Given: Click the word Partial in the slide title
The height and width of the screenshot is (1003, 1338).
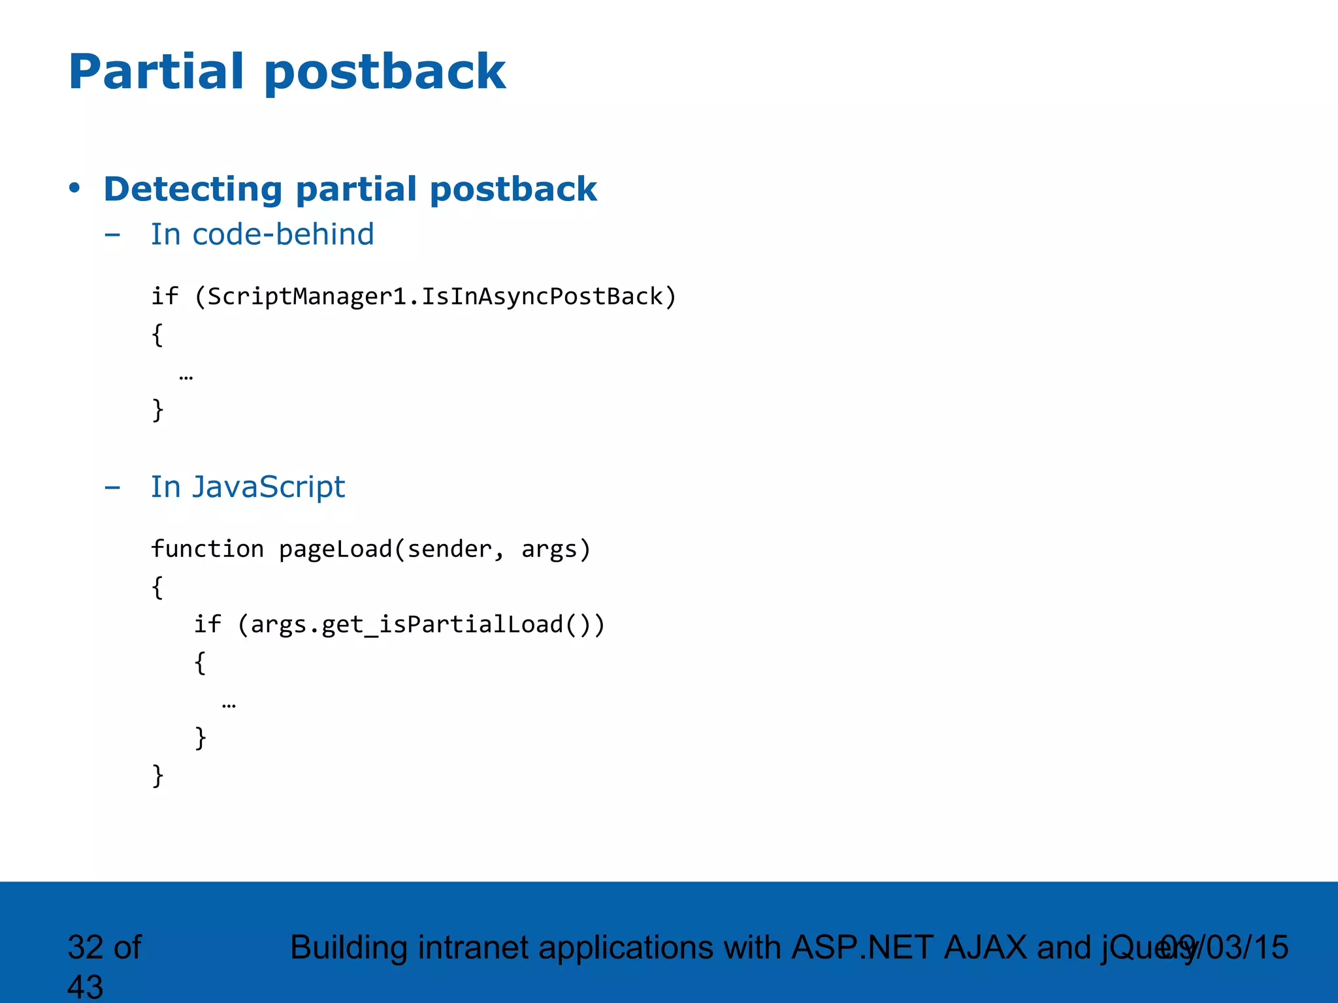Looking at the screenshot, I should [156, 71].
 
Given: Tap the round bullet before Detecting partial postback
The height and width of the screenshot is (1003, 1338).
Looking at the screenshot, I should [74, 188].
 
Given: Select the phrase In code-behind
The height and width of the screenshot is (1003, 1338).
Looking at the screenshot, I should [262, 234].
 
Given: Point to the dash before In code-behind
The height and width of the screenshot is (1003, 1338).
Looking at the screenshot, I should [112, 235].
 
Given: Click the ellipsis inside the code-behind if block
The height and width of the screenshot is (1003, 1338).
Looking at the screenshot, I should [186, 377].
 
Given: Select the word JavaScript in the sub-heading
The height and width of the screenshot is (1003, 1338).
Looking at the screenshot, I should [268, 487].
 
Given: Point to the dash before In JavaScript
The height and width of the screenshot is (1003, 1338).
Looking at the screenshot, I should [112, 488].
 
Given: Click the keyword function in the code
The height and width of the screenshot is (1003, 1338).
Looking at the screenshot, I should [207, 549].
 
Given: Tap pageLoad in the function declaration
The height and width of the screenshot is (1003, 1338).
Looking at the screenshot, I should [335, 549].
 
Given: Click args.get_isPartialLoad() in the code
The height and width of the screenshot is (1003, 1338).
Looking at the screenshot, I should [421, 625].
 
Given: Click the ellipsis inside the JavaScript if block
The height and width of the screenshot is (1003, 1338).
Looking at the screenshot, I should [229, 705].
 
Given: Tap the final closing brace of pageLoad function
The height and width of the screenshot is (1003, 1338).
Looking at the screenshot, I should [157, 776].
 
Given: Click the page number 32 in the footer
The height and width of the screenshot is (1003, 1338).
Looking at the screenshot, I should [85, 947].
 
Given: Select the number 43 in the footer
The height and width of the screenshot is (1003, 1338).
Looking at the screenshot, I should [85, 986].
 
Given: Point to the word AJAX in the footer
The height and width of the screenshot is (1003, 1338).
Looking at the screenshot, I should [985, 947].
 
